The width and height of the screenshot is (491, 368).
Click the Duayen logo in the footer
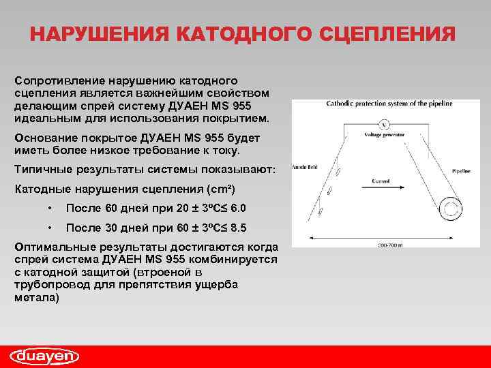coord(45,356)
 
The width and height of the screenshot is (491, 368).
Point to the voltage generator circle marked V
coord(385,124)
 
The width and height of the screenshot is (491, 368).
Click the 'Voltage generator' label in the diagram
coord(387,135)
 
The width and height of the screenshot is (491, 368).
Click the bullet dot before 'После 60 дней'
coord(50,208)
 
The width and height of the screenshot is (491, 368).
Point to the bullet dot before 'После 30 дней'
coord(50,227)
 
